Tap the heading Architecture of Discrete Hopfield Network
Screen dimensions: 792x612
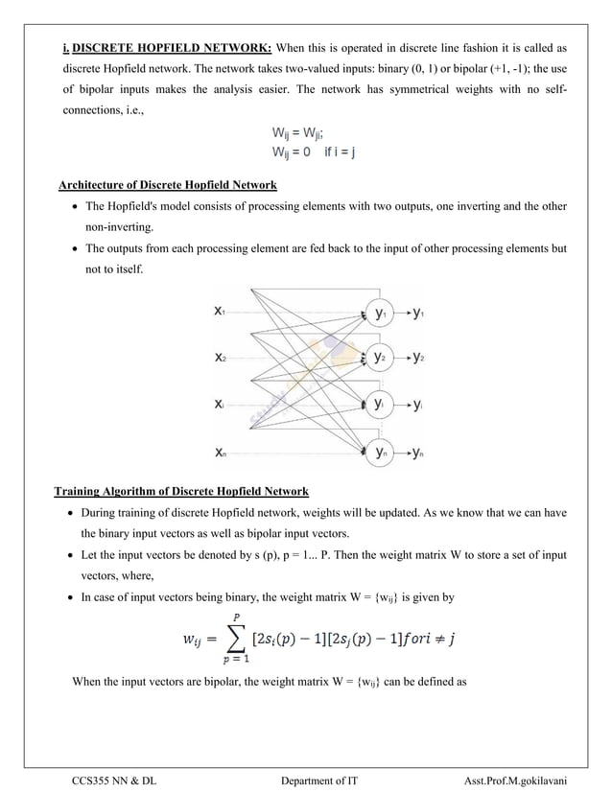pyautogui.click(x=168, y=185)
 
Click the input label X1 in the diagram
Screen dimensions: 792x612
pyautogui.click(x=221, y=312)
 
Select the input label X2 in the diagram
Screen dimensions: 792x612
pyautogui.click(x=221, y=359)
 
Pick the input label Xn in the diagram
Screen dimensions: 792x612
pyautogui.click(x=221, y=454)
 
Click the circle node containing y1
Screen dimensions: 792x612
pyautogui.click(x=381, y=313)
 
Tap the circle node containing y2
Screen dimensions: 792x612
pyautogui.click(x=381, y=359)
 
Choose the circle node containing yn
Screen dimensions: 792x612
pyautogui.click(x=381, y=454)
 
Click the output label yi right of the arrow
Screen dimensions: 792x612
pyautogui.click(x=418, y=406)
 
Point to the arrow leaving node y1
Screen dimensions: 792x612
pyautogui.click(x=402, y=313)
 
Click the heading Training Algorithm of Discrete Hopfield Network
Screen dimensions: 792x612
pyautogui.click(x=181, y=492)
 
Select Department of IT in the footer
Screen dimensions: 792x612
pyautogui.click(x=319, y=781)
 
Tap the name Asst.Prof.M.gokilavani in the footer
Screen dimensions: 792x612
pyautogui.click(x=513, y=781)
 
